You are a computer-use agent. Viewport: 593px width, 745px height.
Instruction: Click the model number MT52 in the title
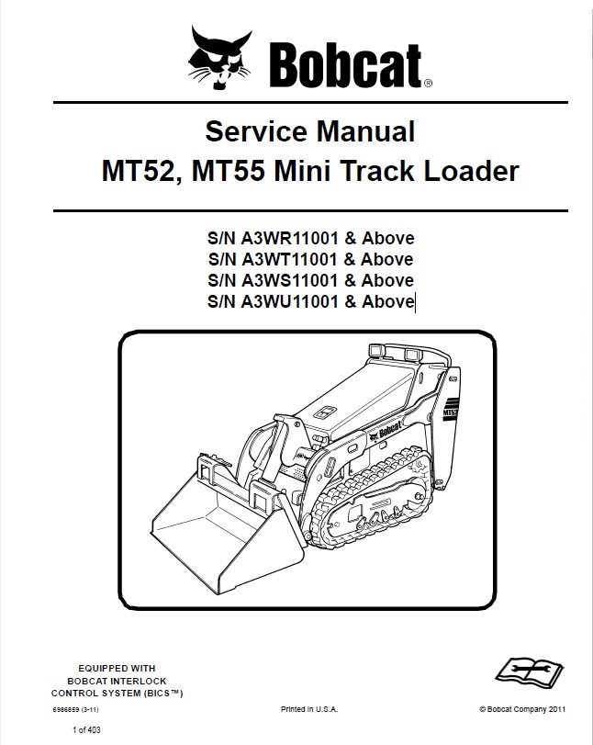click(x=136, y=172)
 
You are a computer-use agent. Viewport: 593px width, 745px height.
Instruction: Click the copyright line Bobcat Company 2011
click(x=522, y=710)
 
